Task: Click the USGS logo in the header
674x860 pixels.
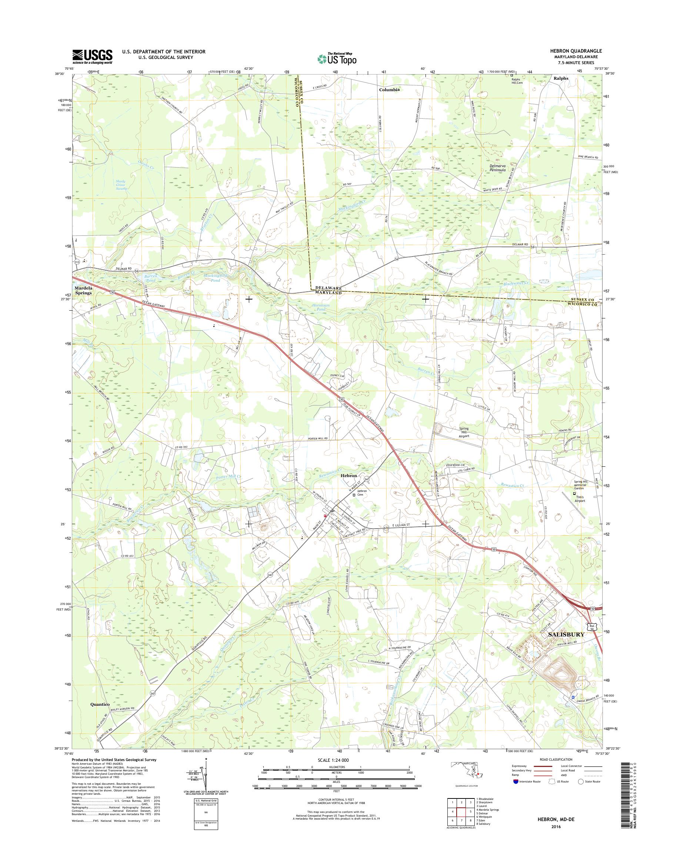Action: [92, 56]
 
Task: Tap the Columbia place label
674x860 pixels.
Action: [389, 90]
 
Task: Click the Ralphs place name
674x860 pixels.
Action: [561, 78]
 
